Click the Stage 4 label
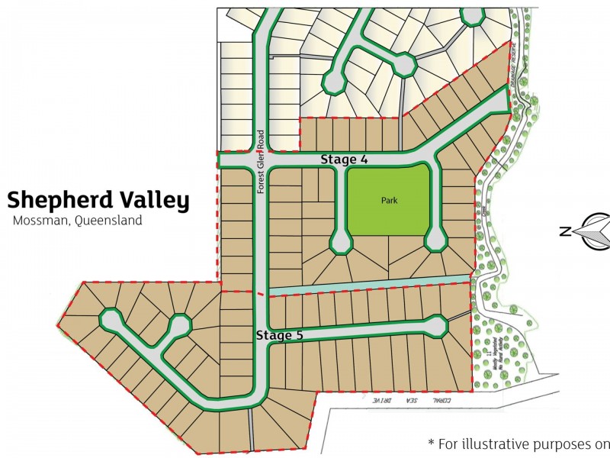pyautogui.click(x=344, y=160)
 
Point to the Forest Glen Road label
pyautogui.click(x=260, y=161)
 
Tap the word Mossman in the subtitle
pyautogui.click(x=39, y=221)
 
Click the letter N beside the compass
pyautogui.click(x=565, y=231)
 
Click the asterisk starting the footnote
pyautogui.click(x=432, y=442)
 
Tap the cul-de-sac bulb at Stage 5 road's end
pyautogui.click(x=437, y=326)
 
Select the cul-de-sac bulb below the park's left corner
pyautogui.click(x=340, y=244)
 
